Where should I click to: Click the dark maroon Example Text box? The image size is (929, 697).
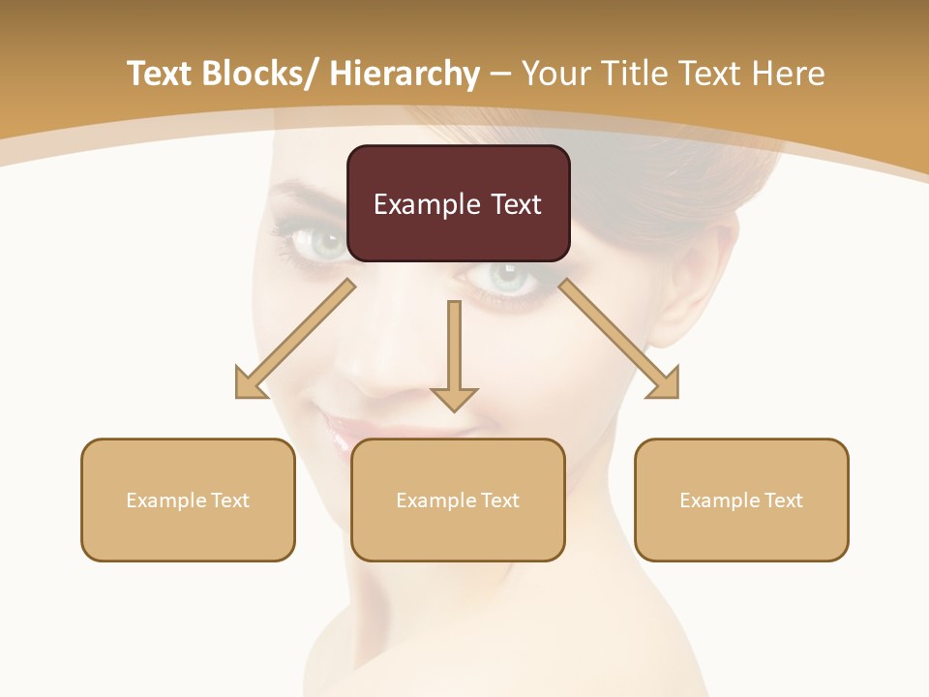(x=458, y=203)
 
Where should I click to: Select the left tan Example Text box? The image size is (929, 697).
(x=188, y=500)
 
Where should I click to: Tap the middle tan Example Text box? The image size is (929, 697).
(x=458, y=500)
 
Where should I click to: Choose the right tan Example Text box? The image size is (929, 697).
(x=741, y=500)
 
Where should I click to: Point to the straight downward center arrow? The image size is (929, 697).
(x=455, y=353)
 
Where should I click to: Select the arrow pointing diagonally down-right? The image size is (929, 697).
(x=619, y=339)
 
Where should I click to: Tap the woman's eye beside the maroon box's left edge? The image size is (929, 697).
(x=324, y=242)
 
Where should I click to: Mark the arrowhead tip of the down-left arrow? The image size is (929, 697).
(x=238, y=395)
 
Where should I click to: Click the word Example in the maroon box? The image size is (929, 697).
(x=419, y=204)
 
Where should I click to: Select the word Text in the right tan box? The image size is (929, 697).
(x=783, y=500)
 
